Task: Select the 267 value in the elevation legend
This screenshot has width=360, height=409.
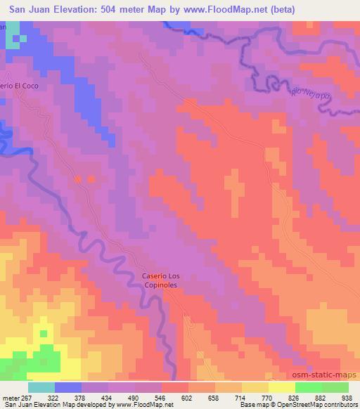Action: (x=27, y=397)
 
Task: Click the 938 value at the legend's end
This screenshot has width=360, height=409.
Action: (x=347, y=397)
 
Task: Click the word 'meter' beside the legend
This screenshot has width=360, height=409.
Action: (x=11, y=397)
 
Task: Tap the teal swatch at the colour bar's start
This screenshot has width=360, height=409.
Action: (x=41, y=387)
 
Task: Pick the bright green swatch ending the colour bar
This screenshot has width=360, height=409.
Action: (x=334, y=387)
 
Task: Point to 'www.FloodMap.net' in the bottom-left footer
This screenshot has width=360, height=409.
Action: (x=144, y=405)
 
